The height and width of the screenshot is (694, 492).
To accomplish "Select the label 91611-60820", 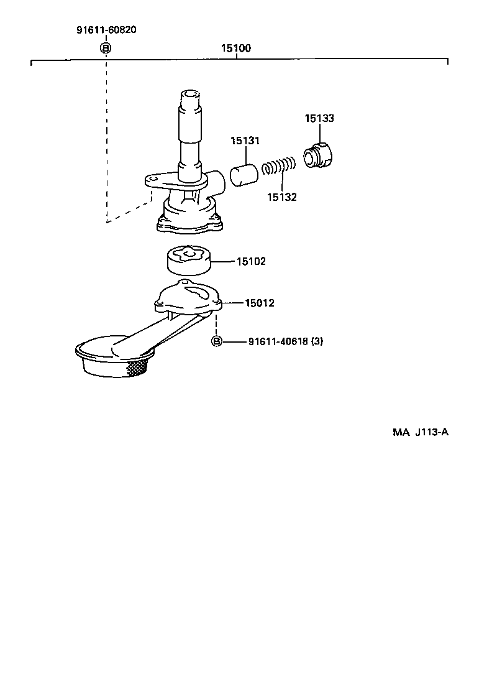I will [x=106, y=29].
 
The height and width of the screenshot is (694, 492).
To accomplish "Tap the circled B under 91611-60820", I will [x=106, y=49].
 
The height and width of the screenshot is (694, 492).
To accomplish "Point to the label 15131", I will [x=245, y=141].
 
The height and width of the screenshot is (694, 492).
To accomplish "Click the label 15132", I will [x=282, y=197].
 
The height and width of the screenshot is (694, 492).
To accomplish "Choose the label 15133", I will [x=319, y=118].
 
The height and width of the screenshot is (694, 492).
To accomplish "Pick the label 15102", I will [x=251, y=262].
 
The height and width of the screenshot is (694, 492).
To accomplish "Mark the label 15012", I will [x=260, y=303].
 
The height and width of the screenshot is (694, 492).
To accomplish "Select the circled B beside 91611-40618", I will [x=216, y=341].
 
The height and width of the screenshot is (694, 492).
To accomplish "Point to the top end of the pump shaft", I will [x=191, y=97].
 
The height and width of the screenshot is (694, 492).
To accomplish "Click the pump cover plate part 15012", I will [x=189, y=298].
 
